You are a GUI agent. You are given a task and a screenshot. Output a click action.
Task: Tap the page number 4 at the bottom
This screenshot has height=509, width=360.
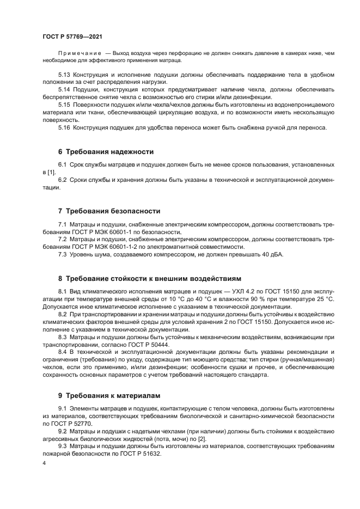tap(44, 463)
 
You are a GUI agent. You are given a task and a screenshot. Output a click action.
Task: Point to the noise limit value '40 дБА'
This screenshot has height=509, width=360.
tap(272, 255)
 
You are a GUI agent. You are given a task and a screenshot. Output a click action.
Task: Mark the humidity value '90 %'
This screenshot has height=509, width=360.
tap(254, 299)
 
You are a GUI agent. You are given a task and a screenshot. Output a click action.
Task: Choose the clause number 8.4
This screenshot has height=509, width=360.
tap(64, 352)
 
